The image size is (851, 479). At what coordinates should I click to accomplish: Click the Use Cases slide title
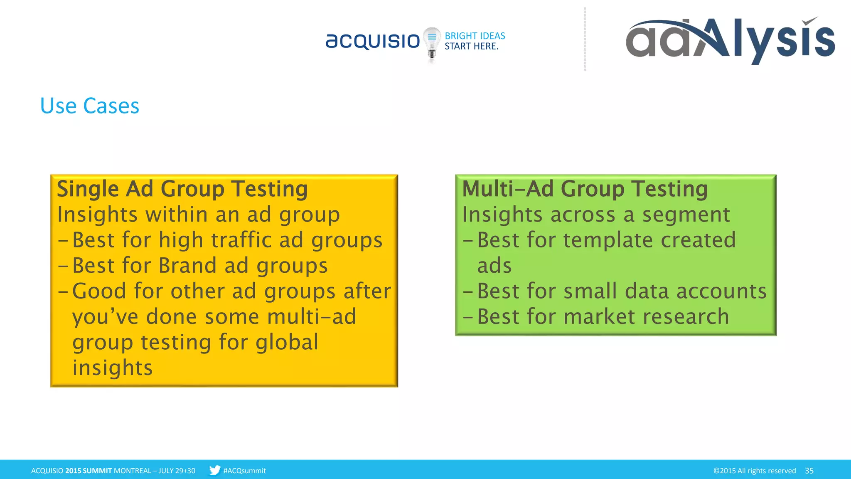click(89, 106)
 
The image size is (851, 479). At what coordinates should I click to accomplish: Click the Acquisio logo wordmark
click(373, 41)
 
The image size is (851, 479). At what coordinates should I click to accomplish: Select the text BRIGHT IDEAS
click(475, 36)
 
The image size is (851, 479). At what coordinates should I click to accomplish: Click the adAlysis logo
click(730, 40)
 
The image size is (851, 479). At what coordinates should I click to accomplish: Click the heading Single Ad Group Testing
click(182, 189)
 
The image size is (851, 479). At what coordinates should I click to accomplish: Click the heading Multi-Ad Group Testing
click(585, 189)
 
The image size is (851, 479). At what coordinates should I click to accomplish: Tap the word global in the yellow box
click(287, 342)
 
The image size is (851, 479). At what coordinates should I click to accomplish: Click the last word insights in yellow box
click(112, 368)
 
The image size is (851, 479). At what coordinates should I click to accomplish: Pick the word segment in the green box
click(686, 215)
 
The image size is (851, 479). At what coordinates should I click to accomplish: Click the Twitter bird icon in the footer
click(214, 470)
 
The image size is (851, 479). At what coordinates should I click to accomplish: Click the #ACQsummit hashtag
click(244, 471)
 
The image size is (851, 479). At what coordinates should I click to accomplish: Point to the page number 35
click(809, 471)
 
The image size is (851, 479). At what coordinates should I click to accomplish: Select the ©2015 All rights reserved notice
click(754, 471)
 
